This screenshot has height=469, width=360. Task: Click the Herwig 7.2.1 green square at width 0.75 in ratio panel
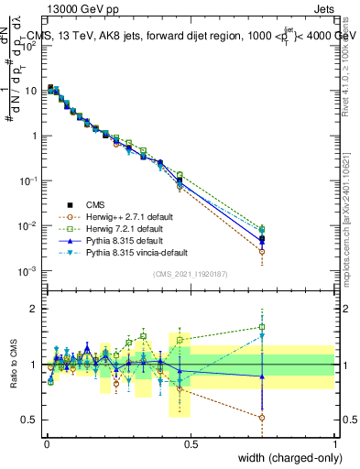pyautogui.click(x=262, y=326)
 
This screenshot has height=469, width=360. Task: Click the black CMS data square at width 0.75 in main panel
pyautogui.click(x=262, y=237)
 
